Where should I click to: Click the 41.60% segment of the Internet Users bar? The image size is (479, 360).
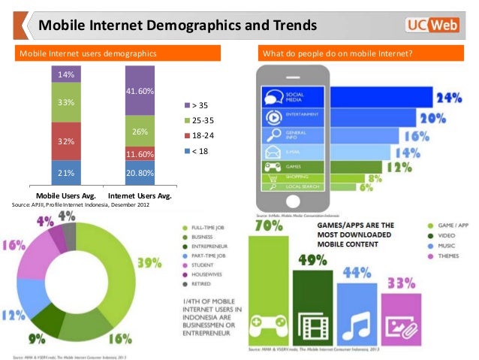(x=140, y=91)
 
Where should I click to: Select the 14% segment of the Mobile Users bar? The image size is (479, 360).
(x=65, y=74)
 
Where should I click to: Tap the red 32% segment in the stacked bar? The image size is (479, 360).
(x=65, y=141)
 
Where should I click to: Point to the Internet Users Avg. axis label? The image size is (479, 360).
(x=140, y=196)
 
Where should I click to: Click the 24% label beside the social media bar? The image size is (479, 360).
(x=448, y=98)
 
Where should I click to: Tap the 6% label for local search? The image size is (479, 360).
(x=366, y=187)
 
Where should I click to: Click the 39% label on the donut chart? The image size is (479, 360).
(x=149, y=262)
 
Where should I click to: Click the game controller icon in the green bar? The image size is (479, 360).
(x=268, y=325)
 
